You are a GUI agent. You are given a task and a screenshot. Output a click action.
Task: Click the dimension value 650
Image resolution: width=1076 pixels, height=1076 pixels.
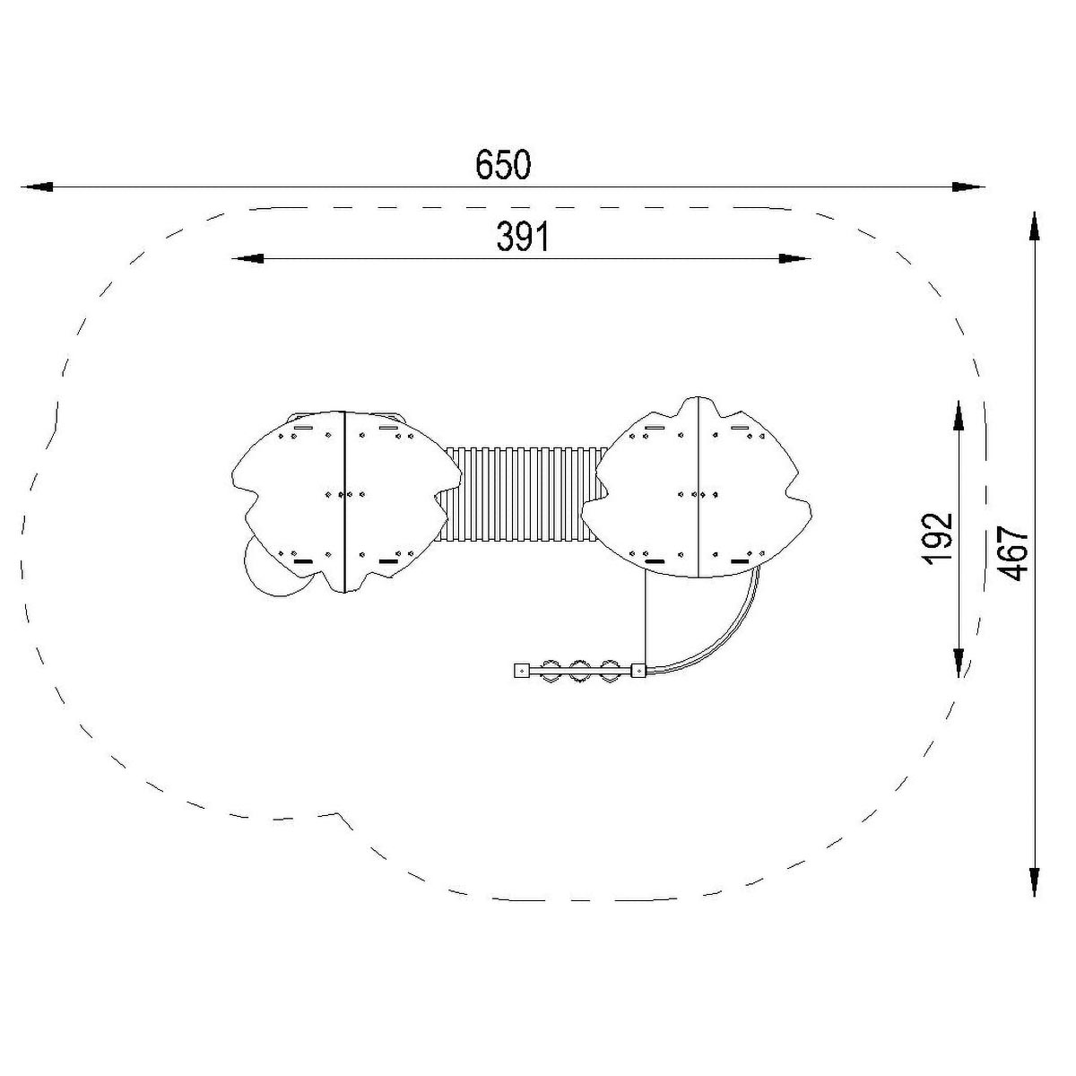[x=503, y=165]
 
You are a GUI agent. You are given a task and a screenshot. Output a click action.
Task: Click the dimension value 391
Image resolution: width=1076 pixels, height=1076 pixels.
[x=523, y=238]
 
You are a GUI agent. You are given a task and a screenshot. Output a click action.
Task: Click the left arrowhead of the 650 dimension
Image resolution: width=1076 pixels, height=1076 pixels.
[x=37, y=187]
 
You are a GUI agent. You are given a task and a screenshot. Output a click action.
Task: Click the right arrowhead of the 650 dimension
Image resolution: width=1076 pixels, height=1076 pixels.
[x=968, y=187]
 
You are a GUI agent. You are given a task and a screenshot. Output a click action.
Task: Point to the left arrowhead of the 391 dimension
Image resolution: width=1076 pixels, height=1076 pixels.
[x=247, y=258]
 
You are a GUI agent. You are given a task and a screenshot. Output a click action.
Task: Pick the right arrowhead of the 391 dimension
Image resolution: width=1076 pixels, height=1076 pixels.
[x=794, y=258]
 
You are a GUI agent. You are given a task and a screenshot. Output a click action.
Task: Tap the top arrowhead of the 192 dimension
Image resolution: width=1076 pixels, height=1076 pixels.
[x=959, y=416]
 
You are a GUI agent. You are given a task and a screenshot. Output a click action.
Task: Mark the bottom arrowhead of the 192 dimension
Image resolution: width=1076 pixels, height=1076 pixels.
[x=959, y=662]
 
